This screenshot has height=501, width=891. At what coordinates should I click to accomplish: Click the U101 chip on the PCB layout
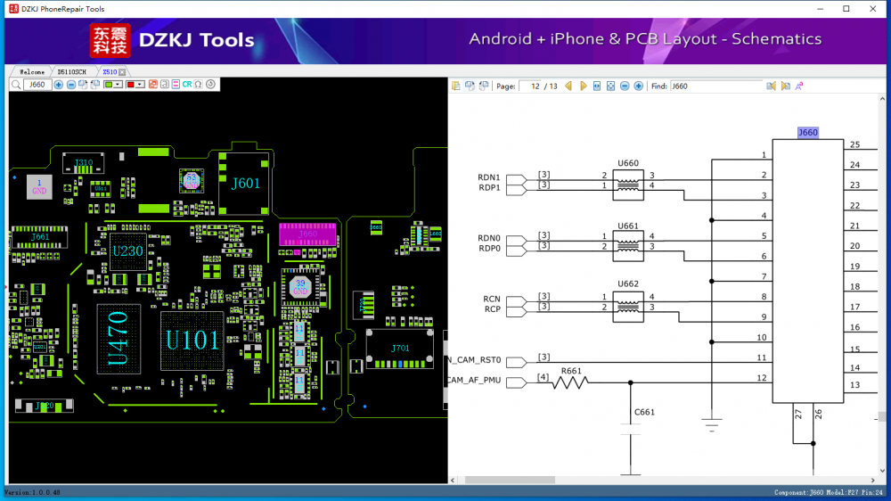pos(191,340)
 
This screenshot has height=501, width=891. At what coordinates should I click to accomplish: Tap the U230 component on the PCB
pos(127,251)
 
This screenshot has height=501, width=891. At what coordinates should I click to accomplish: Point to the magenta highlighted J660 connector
pos(307,234)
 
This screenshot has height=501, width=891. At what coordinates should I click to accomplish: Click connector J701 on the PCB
pos(400,347)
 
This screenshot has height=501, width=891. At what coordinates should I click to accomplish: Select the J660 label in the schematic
pos(807,133)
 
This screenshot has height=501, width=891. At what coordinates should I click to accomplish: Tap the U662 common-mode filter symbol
pos(628,307)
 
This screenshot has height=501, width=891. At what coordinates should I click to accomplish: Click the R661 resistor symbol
pos(571,382)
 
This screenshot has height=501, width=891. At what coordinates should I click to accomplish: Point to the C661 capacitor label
pos(644,412)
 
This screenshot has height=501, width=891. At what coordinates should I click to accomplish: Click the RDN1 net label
pos(489,177)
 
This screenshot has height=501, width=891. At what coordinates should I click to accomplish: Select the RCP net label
pos(492,309)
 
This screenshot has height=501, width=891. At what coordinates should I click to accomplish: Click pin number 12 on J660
pos(762,378)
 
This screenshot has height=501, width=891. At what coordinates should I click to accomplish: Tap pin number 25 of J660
pos(854,144)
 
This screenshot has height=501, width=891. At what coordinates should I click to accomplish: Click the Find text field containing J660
pos(715,86)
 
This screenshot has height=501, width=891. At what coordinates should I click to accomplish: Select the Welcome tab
pos(31,71)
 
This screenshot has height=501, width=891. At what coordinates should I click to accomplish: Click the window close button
pos(873,9)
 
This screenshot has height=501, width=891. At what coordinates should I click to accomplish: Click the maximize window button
pos(846,9)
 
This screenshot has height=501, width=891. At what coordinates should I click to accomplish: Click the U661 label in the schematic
pos(628,226)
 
